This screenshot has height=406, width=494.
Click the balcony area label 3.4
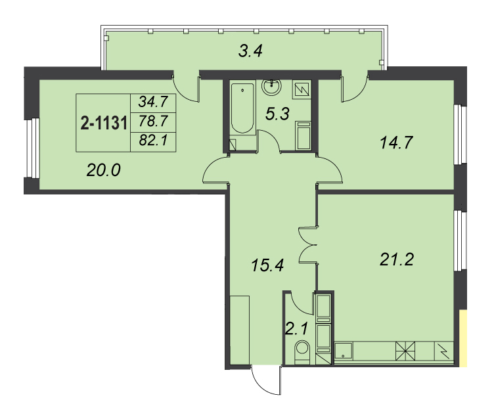point(250,51)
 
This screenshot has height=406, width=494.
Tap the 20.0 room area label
point(103,170)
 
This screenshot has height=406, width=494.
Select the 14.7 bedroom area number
point(396,143)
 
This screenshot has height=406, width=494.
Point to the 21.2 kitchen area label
point(396,260)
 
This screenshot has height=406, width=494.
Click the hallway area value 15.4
point(267,265)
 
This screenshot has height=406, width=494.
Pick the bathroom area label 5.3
point(277,114)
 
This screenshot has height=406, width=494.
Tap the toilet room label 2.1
point(296,329)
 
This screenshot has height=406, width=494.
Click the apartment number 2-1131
point(104,123)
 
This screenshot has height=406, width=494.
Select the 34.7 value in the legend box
point(153,102)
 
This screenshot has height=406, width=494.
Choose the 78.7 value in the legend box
point(153,121)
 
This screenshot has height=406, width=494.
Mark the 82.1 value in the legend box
point(153,140)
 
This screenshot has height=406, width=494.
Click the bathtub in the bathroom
point(242,108)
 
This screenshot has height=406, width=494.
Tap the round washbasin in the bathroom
point(271,87)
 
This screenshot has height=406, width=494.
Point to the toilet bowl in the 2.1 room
point(302,352)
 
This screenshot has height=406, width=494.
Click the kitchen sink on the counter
point(344,352)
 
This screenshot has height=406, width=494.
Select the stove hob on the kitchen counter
point(405,351)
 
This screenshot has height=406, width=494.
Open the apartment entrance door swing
point(266,380)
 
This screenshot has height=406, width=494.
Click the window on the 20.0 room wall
point(32,148)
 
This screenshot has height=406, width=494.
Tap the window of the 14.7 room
point(460,134)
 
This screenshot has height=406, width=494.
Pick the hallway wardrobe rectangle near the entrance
point(239,330)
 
